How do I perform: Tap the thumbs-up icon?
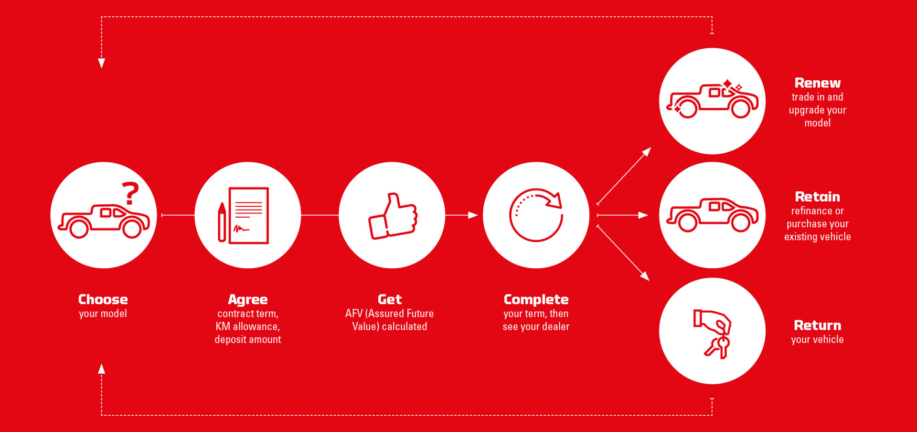[x=393, y=216]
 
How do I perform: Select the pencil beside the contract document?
[x=222, y=222]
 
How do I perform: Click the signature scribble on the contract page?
[x=241, y=229]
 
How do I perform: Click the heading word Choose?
[x=103, y=299]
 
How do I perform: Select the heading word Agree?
[x=248, y=300]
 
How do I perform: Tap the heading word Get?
[x=390, y=299]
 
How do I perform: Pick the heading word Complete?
[x=536, y=300]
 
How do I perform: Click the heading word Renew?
[x=818, y=83]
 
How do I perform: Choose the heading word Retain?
[x=818, y=197]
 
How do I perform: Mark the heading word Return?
[x=818, y=326]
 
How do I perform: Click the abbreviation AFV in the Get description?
[x=354, y=314]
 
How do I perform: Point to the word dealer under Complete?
[x=556, y=327]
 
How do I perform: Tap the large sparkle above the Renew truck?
[x=727, y=84]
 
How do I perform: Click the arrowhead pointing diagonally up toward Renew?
[x=647, y=152]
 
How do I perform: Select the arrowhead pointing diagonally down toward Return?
[x=645, y=276]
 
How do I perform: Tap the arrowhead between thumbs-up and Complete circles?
[x=473, y=215]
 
